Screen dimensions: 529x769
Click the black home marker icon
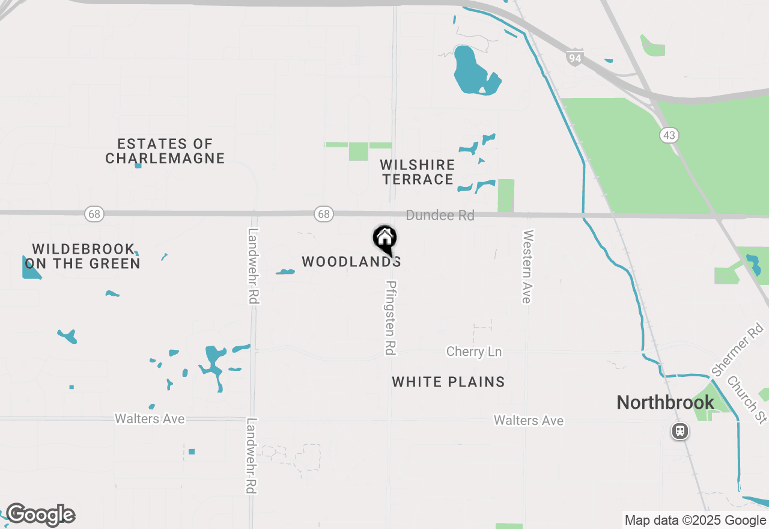(x=384, y=239)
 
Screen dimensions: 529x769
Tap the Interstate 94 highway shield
(x=574, y=58)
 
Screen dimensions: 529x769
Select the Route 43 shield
(x=669, y=135)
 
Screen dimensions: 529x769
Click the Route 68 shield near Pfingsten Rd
(x=323, y=214)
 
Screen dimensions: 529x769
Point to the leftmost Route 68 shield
(x=94, y=214)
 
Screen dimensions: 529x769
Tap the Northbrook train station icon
(x=679, y=431)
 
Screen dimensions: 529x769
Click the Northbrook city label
(x=665, y=402)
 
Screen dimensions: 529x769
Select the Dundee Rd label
(x=440, y=215)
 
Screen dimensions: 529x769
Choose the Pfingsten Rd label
(x=391, y=317)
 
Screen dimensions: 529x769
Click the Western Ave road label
(x=527, y=266)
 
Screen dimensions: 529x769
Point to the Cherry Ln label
(x=473, y=352)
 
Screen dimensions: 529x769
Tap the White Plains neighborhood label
(x=448, y=382)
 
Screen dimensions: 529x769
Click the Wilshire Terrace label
(x=418, y=172)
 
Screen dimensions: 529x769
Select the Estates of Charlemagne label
(x=165, y=151)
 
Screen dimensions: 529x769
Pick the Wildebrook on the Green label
(x=82, y=256)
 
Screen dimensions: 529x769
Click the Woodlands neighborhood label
(x=351, y=261)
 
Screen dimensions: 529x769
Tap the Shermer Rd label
(x=737, y=349)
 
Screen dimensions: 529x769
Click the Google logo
(x=40, y=515)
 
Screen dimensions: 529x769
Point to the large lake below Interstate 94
(x=472, y=70)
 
